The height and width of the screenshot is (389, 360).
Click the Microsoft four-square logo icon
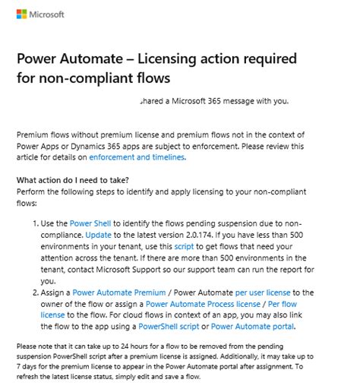(23, 14)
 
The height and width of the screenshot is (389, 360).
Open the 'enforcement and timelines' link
(137, 157)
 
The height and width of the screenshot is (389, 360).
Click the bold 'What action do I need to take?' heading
(72, 180)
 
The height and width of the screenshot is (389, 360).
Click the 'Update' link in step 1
(97, 236)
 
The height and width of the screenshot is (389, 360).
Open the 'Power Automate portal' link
(252, 327)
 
